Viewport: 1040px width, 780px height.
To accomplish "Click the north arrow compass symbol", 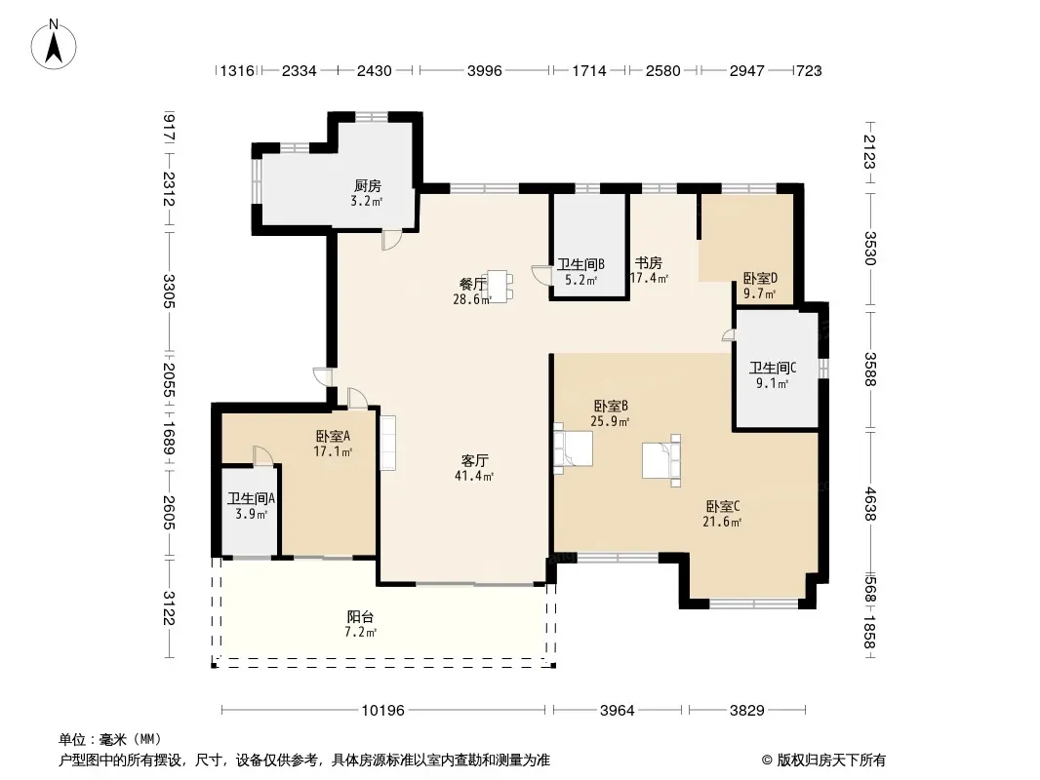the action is coord(54,45).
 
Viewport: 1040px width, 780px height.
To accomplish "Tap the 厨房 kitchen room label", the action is coord(367,186).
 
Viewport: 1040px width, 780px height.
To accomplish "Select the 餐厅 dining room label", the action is coord(473,285).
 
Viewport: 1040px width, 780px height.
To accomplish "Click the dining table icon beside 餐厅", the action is coord(500,286).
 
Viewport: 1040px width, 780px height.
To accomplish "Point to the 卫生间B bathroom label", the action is coord(581,264).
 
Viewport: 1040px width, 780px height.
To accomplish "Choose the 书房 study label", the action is coord(648,263).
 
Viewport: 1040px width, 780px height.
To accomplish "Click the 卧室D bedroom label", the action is coord(760,278).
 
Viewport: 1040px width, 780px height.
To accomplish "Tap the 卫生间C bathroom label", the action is coord(773,368).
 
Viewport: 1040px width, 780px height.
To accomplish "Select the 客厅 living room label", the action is coord(474,460).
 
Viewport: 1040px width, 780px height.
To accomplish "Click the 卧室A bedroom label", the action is coord(333,436).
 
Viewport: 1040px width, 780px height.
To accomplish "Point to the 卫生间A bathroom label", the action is coord(252,498).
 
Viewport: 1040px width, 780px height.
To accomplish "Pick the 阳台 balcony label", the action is coord(360,617).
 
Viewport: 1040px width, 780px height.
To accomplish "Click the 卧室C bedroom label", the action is coord(722,506).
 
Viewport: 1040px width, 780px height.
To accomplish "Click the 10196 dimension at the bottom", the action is coord(382,711).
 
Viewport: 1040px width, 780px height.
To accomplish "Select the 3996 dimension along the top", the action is coord(484,70).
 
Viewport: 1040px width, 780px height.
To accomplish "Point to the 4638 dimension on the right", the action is coord(870,504).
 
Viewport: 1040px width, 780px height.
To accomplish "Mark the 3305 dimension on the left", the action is coord(169,291).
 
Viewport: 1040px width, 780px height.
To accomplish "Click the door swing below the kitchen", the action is coord(391,239).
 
